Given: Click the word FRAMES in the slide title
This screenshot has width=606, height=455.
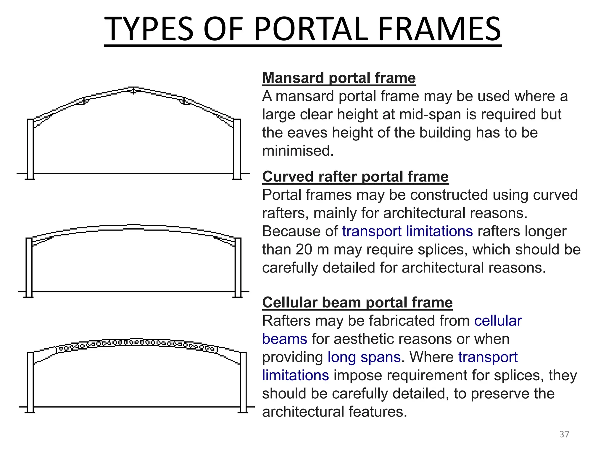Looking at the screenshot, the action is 439,29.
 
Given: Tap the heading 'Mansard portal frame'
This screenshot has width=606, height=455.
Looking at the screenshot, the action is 339,78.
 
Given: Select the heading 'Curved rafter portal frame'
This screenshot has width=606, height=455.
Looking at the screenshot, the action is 355,177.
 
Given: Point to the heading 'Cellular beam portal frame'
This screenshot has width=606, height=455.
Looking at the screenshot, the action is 357,302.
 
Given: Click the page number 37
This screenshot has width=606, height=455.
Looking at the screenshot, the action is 564,434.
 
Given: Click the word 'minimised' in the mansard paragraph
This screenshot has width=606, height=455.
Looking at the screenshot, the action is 297,151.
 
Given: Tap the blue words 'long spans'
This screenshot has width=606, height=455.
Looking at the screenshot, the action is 364,357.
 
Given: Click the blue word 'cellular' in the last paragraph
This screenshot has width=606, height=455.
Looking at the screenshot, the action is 498,321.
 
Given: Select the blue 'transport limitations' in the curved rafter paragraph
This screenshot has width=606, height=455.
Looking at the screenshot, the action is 407,231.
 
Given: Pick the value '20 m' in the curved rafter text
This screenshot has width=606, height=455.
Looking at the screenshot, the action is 312,249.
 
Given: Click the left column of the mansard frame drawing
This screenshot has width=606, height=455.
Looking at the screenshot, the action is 30,148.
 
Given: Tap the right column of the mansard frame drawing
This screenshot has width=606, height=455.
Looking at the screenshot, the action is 237,148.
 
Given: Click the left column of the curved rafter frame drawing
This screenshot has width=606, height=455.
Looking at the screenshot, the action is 29,267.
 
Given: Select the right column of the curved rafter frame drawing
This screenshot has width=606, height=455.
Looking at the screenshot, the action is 238,267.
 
